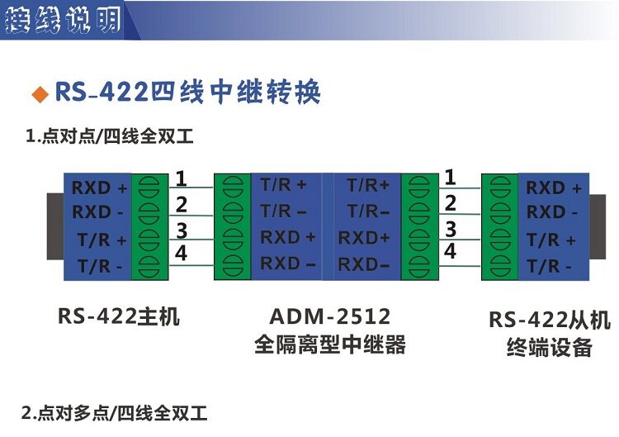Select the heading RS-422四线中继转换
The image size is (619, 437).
187,92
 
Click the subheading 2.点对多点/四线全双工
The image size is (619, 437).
115,411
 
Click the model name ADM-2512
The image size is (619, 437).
329,316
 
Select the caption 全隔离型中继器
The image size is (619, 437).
329,344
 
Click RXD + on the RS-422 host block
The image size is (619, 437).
99,188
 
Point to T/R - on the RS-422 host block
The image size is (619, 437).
99,266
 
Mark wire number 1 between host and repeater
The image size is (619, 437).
182,178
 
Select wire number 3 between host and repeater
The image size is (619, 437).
182,230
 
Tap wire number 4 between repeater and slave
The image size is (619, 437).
450,252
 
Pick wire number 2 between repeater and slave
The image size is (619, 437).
450,202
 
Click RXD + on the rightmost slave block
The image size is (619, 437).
554,188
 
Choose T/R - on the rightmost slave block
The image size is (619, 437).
550,266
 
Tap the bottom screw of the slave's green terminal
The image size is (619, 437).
499,265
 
